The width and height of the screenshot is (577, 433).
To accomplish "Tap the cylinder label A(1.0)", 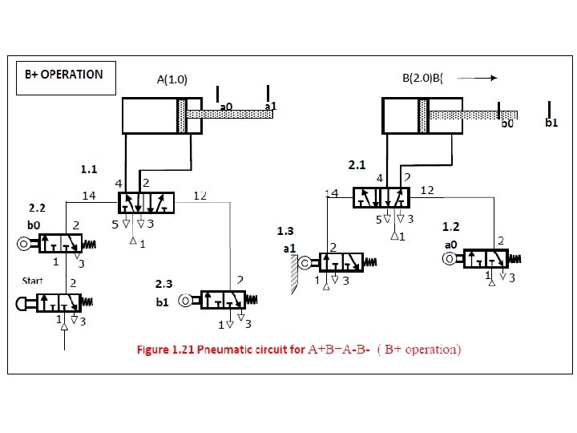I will (x=171, y=79).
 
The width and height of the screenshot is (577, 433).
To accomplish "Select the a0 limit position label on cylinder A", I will (x=226, y=106).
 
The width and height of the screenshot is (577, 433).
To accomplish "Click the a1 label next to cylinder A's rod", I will (x=270, y=106).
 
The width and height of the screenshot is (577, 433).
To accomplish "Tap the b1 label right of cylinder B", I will (x=551, y=123).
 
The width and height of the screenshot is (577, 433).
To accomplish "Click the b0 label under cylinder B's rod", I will (x=507, y=123).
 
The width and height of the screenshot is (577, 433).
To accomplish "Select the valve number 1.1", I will (x=88, y=169).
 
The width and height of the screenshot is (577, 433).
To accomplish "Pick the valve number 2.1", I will (x=357, y=165).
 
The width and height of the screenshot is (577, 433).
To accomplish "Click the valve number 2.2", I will (x=38, y=208).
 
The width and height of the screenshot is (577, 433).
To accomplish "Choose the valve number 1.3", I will (x=285, y=232).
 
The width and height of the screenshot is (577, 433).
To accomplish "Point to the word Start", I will (x=32, y=281).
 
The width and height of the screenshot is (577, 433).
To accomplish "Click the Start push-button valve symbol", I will (x=56, y=302).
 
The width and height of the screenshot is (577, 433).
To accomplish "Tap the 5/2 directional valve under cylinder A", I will (x=147, y=203).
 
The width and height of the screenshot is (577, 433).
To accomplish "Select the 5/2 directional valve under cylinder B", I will (x=381, y=197).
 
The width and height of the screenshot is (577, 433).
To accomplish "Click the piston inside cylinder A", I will (x=183, y=115).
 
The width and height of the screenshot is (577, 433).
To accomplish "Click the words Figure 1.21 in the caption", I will (x=163, y=350).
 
